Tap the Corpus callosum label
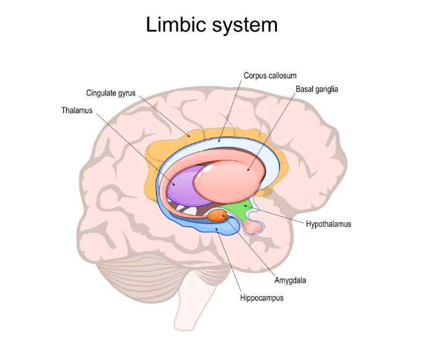coord(269,75)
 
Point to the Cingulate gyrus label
coord(112,93)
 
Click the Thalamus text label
coord(77,110)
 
